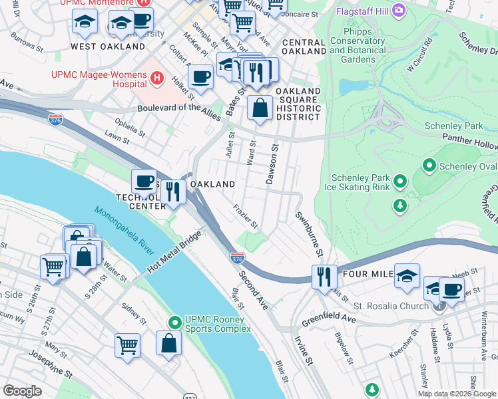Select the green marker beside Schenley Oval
point(429,165)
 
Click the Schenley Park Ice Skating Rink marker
point(399,181)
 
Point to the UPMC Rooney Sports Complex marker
point(174,323)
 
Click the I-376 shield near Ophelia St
point(55,119)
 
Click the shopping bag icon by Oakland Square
point(260,107)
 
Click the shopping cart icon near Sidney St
point(127,345)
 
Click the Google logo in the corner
point(22,391)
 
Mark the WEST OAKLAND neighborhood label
point(108,47)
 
